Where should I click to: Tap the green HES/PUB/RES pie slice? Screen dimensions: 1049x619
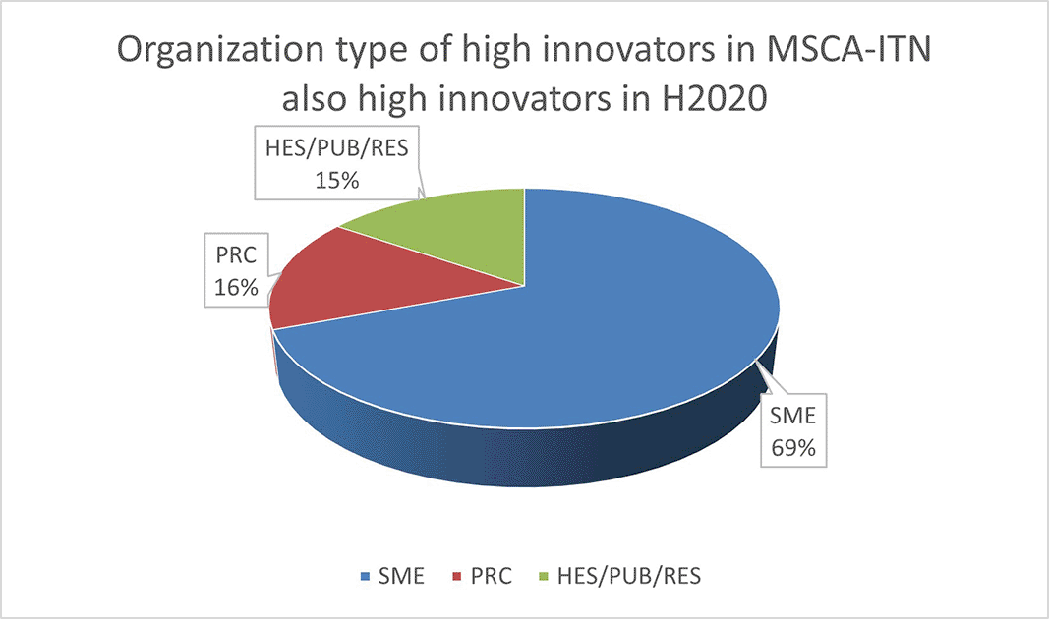coord(455,234)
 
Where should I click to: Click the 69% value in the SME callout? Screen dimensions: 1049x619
coord(793,447)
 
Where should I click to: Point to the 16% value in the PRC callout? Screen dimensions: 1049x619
coord(236,287)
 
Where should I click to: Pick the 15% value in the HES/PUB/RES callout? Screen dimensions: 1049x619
coord(337,180)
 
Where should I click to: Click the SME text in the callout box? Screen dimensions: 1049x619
coord(792,416)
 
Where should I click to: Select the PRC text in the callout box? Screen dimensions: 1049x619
coord(236,255)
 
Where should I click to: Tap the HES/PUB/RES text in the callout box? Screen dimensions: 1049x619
coord(336,147)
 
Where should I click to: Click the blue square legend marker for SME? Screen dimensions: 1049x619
coord(366,576)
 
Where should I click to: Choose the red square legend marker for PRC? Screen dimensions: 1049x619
coord(457,576)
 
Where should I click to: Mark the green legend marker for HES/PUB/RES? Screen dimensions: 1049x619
coord(544,576)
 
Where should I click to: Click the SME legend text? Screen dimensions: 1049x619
coord(401,576)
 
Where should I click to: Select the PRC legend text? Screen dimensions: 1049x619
coord(491,576)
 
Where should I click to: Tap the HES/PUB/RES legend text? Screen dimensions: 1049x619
coord(629,576)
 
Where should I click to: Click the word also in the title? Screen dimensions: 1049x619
coord(314,99)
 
